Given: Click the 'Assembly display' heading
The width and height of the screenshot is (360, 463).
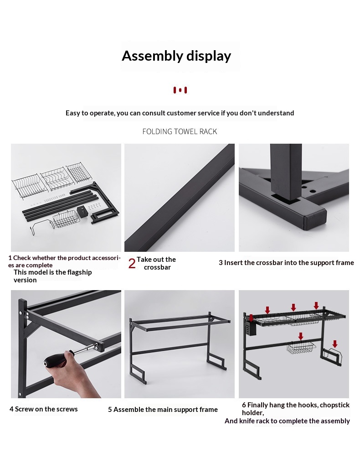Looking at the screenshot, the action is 176,56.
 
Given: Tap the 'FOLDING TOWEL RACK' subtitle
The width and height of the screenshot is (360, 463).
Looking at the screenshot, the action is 180,131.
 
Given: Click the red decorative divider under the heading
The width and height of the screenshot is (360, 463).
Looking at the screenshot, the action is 180,90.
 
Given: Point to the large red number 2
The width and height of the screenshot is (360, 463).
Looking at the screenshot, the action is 132,263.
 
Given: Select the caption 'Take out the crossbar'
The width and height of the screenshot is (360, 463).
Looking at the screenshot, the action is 156,263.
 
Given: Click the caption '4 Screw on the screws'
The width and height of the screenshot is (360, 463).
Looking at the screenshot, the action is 44,409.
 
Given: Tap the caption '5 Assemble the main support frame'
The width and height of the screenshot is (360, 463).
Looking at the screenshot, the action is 163,410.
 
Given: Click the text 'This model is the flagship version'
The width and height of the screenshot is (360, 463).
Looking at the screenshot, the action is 52,276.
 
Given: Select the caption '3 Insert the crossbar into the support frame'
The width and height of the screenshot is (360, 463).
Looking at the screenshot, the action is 286,262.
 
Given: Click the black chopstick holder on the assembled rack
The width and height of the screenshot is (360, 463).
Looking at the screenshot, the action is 251,328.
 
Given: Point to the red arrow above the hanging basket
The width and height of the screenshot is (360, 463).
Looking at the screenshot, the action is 301,336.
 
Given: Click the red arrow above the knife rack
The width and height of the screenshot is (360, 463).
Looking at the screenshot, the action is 335,344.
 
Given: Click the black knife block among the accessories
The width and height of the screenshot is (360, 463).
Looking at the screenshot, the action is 82,212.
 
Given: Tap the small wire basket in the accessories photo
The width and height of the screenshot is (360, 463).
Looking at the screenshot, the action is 66,219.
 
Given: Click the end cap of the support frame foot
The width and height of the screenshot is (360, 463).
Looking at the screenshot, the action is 315,220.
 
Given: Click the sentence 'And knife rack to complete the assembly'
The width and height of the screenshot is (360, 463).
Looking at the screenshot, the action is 287,421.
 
